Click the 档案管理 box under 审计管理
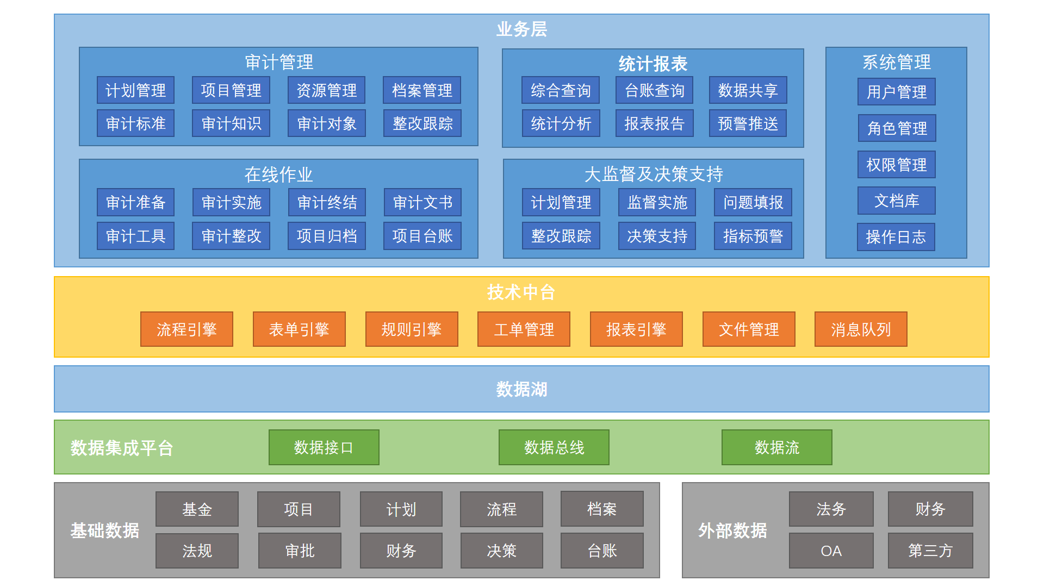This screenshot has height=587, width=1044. [422, 90]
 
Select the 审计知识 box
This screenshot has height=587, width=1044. [231, 123]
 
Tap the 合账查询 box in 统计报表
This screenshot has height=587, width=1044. [654, 90]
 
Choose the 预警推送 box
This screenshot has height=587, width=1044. [748, 123]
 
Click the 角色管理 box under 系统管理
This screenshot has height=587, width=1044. [897, 128]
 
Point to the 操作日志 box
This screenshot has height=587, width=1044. [896, 237]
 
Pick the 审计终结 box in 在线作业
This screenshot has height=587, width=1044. [327, 203]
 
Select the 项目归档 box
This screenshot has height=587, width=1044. [327, 236]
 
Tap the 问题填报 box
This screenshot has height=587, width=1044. [753, 203]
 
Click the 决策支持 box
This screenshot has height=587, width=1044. [657, 236]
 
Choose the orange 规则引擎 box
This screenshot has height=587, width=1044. [412, 329]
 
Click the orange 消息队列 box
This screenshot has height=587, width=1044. [861, 329]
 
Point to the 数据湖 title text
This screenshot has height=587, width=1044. [521, 389]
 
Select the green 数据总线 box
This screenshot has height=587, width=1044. [554, 447]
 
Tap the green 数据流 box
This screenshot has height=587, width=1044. [776, 447]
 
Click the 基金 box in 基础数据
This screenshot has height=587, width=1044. [197, 509]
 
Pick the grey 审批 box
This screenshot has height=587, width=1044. [300, 551]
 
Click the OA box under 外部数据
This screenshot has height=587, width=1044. [831, 551]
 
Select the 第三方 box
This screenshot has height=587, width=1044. [930, 551]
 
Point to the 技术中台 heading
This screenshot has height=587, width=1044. [521, 292]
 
